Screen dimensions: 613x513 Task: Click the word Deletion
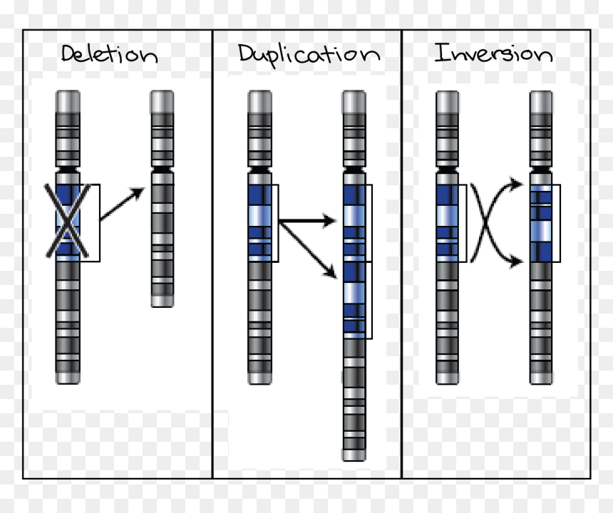[109, 53]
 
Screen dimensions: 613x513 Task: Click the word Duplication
[309, 56]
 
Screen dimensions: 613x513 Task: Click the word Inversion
[493, 53]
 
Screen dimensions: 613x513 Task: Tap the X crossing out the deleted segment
[67, 221]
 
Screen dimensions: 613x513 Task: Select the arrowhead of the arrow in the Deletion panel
[137, 193]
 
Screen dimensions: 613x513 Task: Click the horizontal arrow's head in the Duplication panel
[329, 221]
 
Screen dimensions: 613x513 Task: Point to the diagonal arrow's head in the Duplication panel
[331, 272]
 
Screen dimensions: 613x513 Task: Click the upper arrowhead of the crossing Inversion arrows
[516, 184]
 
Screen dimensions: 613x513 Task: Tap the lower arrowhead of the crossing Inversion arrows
[516, 261]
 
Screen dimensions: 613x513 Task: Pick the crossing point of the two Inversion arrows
[485, 222]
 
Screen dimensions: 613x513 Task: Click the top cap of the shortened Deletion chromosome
[163, 102]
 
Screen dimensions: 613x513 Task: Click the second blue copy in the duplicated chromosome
[354, 300]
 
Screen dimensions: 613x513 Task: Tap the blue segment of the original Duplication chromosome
[260, 223]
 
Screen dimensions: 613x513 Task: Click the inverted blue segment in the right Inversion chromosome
[542, 223]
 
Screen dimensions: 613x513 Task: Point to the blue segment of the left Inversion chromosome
[447, 223]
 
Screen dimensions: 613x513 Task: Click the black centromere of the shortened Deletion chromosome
[163, 170]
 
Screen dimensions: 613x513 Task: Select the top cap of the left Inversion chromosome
[447, 102]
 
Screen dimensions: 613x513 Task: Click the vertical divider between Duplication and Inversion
[401, 254]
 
